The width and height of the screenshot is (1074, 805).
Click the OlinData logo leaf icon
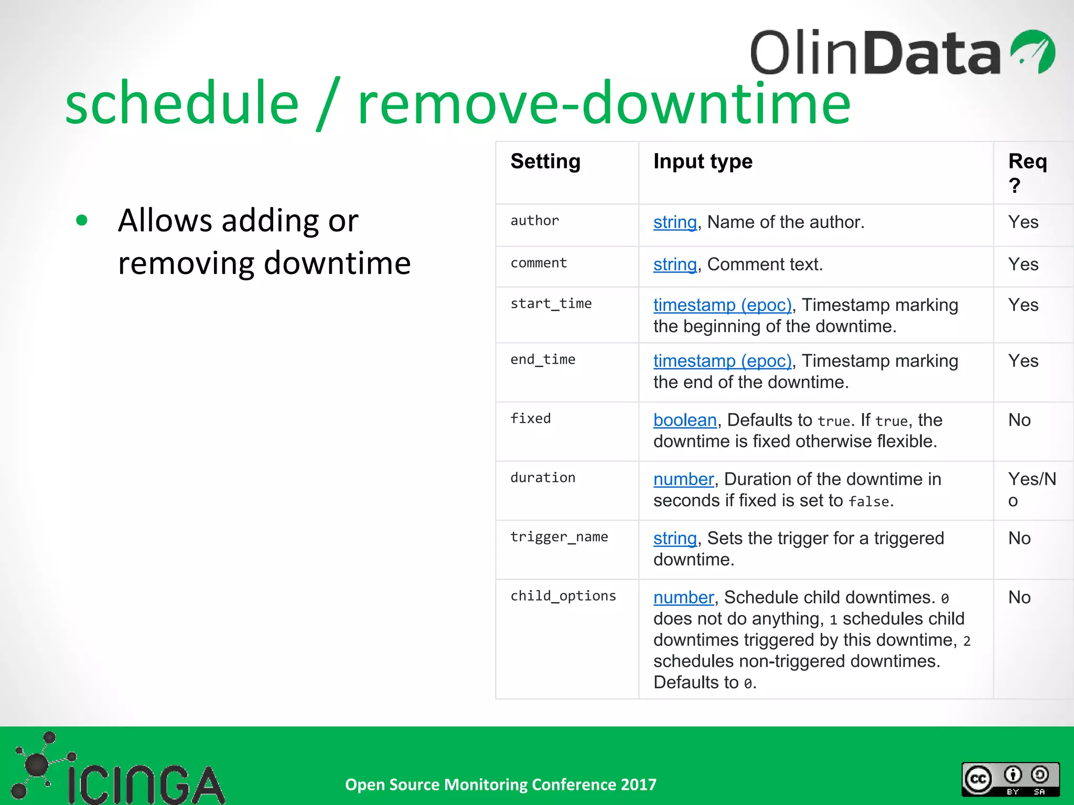[x=1033, y=51]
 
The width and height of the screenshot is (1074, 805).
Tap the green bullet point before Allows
[x=81, y=220]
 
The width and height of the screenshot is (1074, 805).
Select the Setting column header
[x=545, y=161]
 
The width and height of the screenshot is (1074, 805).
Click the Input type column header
[x=702, y=161]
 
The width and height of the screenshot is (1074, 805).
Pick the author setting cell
[x=535, y=221]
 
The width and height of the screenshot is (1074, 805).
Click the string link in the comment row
[x=674, y=265]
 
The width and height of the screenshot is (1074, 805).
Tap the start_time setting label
[x=551, y=303]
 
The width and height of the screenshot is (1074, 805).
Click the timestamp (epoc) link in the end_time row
[x=722, y=361]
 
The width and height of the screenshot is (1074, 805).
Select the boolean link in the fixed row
[x=684, y=420]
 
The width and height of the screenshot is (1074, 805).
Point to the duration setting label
[x=543, y=477]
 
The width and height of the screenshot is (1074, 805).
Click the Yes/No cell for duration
[x=1031, y=489]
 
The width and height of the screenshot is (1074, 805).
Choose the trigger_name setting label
[x=559, y=537]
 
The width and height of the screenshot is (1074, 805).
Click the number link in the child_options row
[x=683, y=597]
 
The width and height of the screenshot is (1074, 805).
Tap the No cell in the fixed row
[x=1019, y=420]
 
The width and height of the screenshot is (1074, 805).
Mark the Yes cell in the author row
[x=1023, y=222]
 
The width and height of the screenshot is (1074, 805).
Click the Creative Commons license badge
[x=1010, y=779]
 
